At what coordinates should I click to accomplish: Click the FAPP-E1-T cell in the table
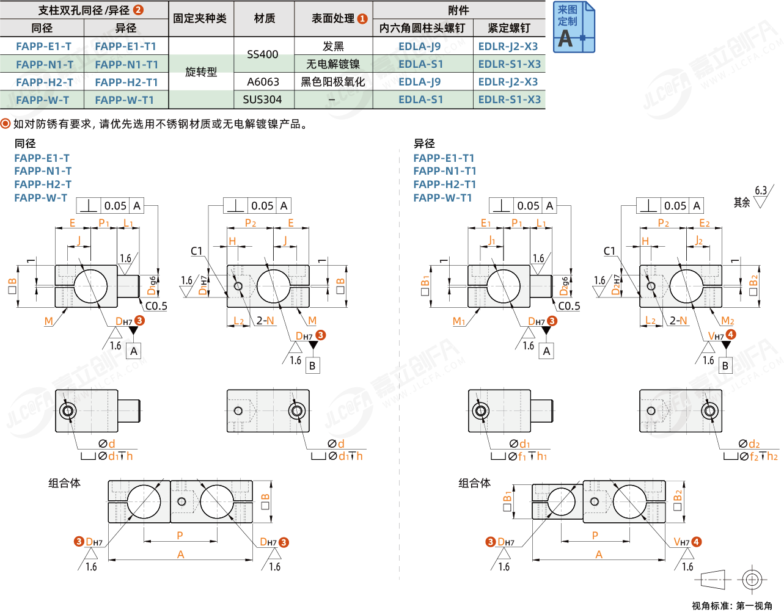(x=43, y=46)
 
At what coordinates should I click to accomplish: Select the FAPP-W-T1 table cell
(x=125, y=100)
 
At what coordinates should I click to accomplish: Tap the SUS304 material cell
(x=262, y=100)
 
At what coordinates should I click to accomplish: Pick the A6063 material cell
(x=263, y=82)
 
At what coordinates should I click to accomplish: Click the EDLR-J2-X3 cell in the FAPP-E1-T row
(x=508, y=46)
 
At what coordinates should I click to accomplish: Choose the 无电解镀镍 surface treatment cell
(x=333, y=64)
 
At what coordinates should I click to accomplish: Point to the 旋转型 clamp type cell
(x=201, y=72)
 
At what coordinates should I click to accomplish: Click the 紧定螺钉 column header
(x=508, y=28)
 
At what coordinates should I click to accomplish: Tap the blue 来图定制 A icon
(x=574, y=27)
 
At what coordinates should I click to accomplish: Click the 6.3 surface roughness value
(x=760, y=191)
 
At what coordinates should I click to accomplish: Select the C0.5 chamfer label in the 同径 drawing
(x=156, y=306)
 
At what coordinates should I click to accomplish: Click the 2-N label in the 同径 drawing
(x=265, y=321)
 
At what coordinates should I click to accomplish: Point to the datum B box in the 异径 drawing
(x=725, y=365)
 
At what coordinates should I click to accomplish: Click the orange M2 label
(x=727, y=321)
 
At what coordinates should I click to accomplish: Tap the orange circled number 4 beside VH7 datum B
(x=731, y=335)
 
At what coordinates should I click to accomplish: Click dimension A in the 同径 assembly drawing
(x=180, y=555)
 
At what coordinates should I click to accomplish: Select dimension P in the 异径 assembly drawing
(x=595, y=536)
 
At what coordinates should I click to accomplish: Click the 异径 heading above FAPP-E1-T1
(x=424, y=144)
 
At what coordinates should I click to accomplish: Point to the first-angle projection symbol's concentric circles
(x=752, y=579)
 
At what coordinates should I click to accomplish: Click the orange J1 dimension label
(x=492, y=241)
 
